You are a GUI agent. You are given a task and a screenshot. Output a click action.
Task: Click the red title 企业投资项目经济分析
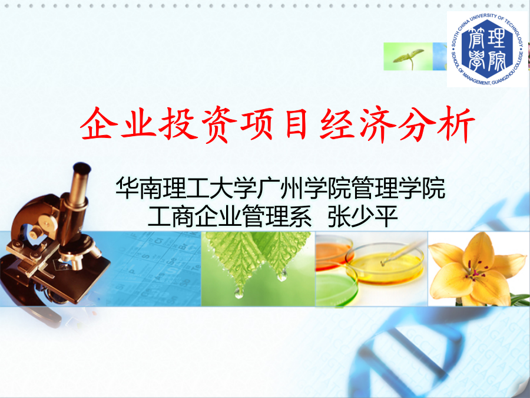coord(277,124)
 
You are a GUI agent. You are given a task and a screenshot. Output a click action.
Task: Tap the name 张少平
coord(363,216)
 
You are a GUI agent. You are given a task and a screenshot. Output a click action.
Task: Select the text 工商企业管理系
coord(230,216)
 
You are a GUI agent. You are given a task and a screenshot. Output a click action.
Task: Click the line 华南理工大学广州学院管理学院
coord(280,188)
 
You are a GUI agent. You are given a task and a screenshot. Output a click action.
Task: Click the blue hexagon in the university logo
coord(487,50)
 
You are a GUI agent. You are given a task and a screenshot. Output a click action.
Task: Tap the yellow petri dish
coord(385,263)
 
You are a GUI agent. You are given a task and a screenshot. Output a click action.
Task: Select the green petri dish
coord(336,288)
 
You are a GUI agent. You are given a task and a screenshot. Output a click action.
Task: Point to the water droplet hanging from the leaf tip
coord(239,292)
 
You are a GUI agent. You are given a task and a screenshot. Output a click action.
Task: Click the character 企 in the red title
coord(97,124)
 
